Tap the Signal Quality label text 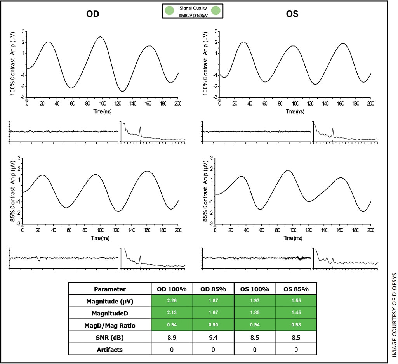pyautogui.click(x=192, y=8)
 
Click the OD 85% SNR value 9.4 pyautogui.click(x=213, y=337)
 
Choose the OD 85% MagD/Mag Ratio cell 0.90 pyautogui.click(x=213, y=325)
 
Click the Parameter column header pyautogui.click(x=110, y=289)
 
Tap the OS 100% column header pyautogui.click(x=255, y=289)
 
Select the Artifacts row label pyautogui.click(x=110, y=349)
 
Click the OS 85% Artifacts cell pyautogui.click(x=296, y=349)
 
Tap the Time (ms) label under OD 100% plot pyautogui.click(x=102, y=111)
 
